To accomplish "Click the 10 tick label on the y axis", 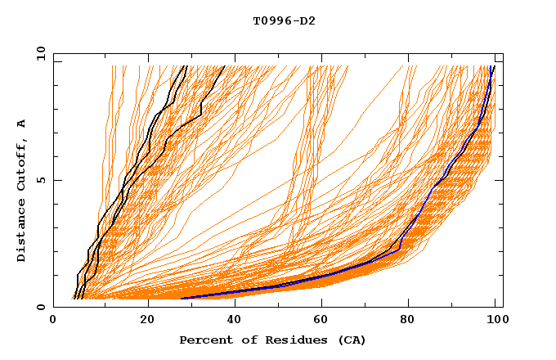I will [x=40, y=52].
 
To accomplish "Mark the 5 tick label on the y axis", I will [x=40, y=180].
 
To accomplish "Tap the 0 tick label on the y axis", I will [x=40, y=307].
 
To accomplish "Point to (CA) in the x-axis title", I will [x=352, y=340].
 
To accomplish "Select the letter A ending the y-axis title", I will [x=22, y=123].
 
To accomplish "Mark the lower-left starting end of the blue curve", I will [x=182, y=299].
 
